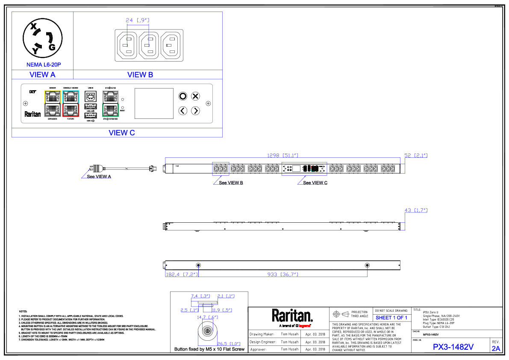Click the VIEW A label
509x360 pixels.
tap(42, 75)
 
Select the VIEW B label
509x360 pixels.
tap(140, 75)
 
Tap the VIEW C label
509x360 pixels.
tap(122, 133)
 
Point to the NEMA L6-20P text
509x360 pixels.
tap(44, 65)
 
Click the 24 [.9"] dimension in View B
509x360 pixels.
tap(138, 20)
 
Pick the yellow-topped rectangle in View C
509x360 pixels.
tap(53, 103)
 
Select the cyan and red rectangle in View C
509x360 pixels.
tap(71, 103)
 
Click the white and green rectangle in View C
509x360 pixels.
tap(110, 103)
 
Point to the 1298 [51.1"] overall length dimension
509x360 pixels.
tap(282, 156)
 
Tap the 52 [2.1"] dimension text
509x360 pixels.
tap(416, 156)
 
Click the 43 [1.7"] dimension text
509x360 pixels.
tap(416, 210)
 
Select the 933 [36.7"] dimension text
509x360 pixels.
tap(282, 274)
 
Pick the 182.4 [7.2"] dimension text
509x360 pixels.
tap(182, 274)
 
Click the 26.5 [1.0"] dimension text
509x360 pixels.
tap(229, 344)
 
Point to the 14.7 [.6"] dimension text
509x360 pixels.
tap(208, 317)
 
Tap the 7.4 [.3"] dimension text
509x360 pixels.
tap(200, 296)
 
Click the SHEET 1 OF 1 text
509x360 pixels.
tap(391, 318)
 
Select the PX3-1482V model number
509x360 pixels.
tap(453, 347)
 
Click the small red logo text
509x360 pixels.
tap(304, 326)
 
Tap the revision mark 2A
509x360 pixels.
tap(496, 349)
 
